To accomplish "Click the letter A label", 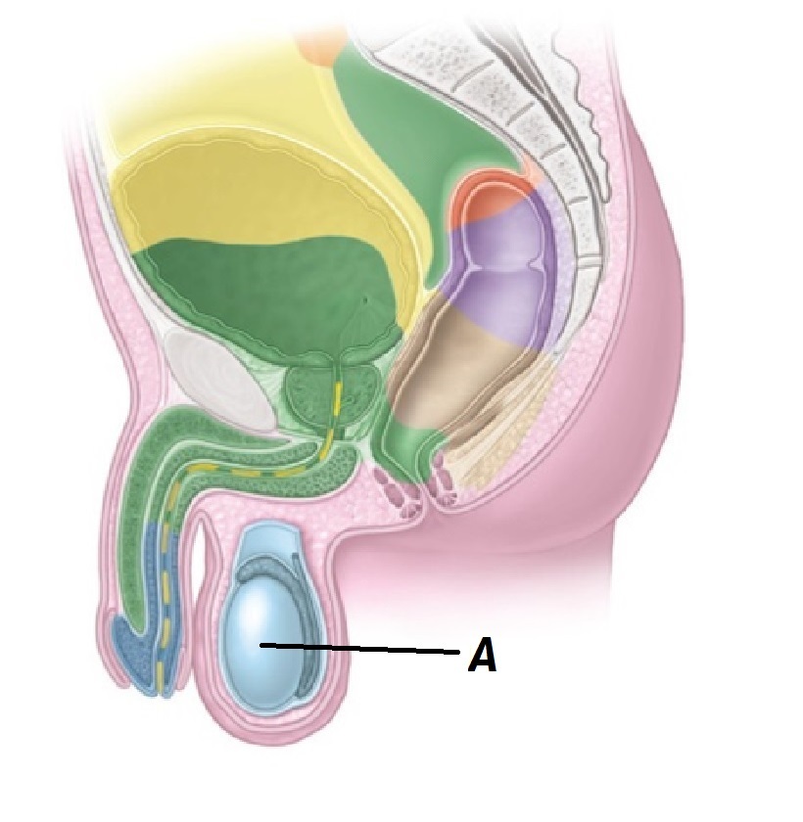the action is pos(482,657).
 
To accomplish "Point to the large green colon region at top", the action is pos(411,127).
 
